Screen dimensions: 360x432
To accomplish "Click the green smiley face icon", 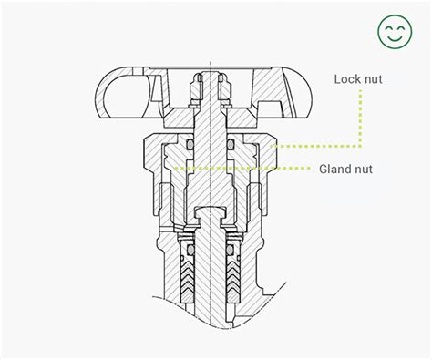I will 396,34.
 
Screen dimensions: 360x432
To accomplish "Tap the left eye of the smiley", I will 389,29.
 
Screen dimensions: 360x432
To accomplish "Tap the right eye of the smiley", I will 402,29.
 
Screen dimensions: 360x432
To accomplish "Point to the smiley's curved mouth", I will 396,39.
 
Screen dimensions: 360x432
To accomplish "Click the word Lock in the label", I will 350,79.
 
